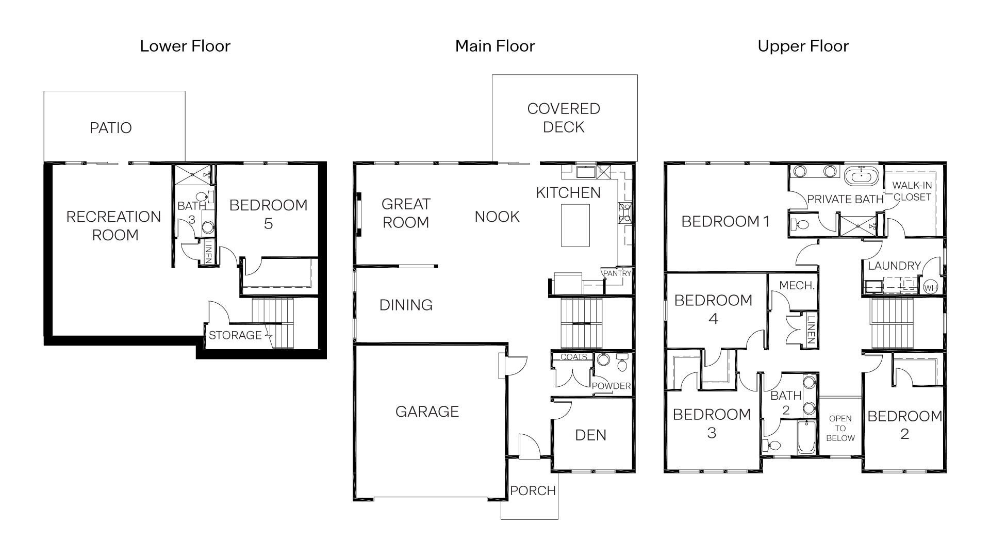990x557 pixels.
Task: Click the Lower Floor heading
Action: point(185,46)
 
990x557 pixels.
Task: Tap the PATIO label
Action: point(110,128)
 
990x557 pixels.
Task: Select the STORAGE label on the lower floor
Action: point(235,335)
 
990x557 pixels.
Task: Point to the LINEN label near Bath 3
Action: point(209,252)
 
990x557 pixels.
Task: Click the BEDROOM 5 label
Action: point(268,214)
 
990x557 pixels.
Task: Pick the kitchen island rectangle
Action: point(575,225)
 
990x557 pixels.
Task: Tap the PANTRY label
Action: point(617,273)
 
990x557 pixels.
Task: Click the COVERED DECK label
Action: point(564,118)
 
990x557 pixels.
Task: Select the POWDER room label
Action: point(611,386)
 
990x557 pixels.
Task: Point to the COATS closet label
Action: point(573,357)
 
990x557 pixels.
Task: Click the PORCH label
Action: point(533,490)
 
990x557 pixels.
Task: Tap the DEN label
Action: point(590,435)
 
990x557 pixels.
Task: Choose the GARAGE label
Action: point(427,412)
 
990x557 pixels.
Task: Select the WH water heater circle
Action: point(930,288)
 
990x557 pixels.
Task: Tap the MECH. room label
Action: point(797,285)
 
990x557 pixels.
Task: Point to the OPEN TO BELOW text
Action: point(840,428)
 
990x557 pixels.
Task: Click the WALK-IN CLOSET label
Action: point(912,191)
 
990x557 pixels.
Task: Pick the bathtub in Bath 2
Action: point(806,437)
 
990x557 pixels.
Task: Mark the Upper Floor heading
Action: point(803,46)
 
